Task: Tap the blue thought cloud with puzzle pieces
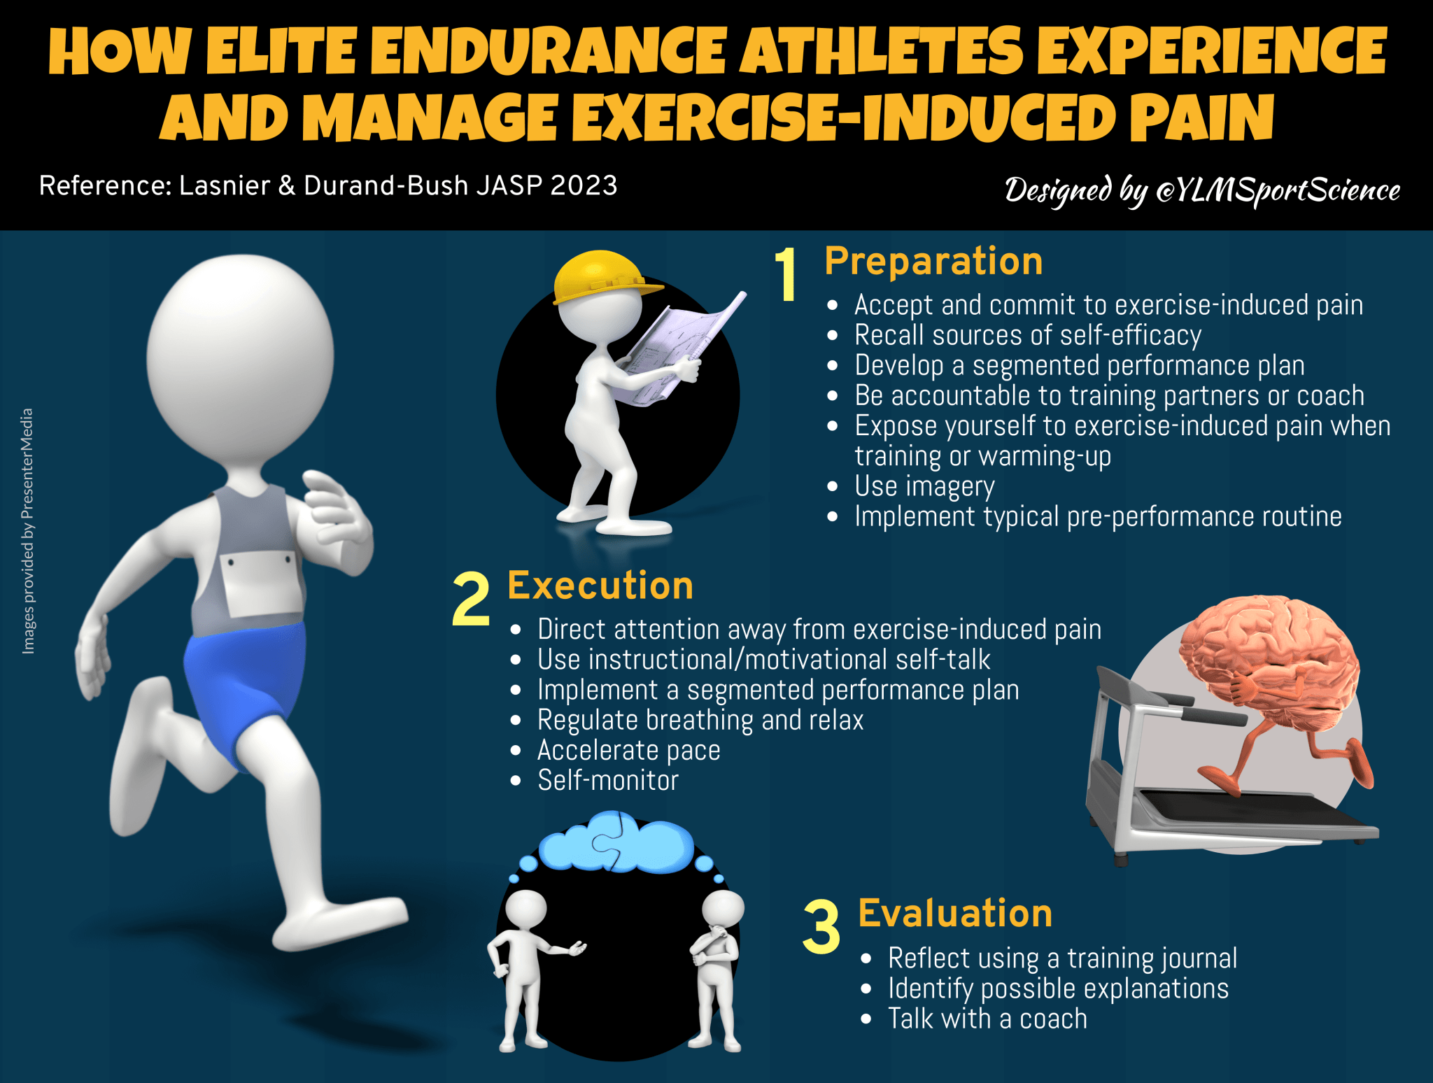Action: point(616,843)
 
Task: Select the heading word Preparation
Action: point(933,262)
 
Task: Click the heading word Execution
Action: point(600,586)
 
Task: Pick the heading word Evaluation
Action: point(955,914)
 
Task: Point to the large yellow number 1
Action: point(787,275)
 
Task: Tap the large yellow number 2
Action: point(471,600)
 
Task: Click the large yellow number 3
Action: point(821,928)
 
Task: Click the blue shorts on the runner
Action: point(245,679)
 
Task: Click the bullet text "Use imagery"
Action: point(924,486)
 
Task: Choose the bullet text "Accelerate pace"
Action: point(628,751)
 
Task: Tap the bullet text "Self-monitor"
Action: point(608,781)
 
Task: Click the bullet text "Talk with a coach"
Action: point(987,1019)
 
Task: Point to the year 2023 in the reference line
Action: point(584,186)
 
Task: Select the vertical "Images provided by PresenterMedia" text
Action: point(28,532)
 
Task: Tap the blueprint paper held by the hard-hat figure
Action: point(672,350)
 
